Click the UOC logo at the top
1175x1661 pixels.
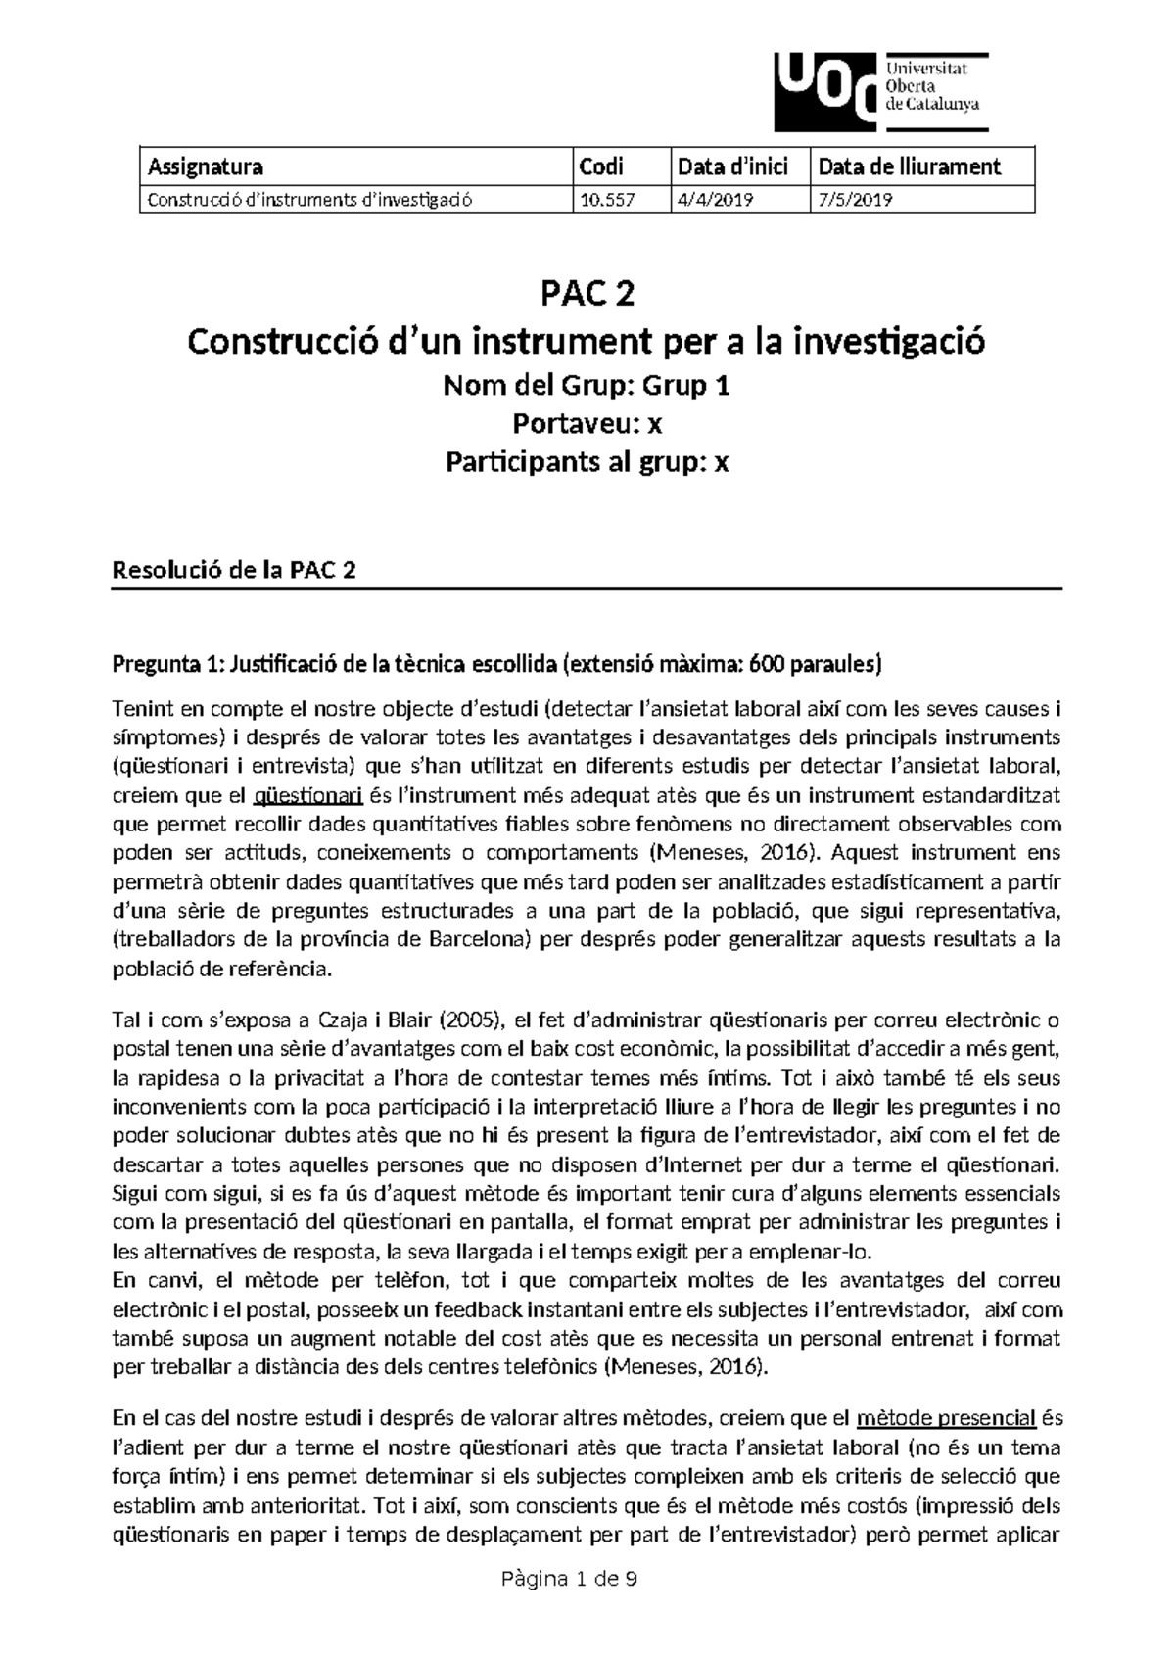pyautogui.click(x=879, y=91)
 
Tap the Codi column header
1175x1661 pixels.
pyautogui.click(x=601, y=166)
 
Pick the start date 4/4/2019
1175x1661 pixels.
pyautogui.click(x=715, y=200)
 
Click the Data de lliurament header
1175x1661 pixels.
pyautogui.click(x=910, y=166)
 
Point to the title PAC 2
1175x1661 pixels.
pyautogui.click(x=587, y=292)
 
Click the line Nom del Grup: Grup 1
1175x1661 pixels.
pyautogui.click(x=587, y=386)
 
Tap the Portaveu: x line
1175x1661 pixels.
pyautogui.click(x=587, y=423)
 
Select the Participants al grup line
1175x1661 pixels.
pyautogui.click(x=587, y=461)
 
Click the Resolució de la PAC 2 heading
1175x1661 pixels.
pyautogui.click(x=234, y=571)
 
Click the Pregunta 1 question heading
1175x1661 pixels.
pyautogui.click(x=497, y=666)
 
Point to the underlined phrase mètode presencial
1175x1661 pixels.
pyautogui.click(x=946, y=1418)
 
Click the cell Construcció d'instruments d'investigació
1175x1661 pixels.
pyautogui.click(x=309, y=200)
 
